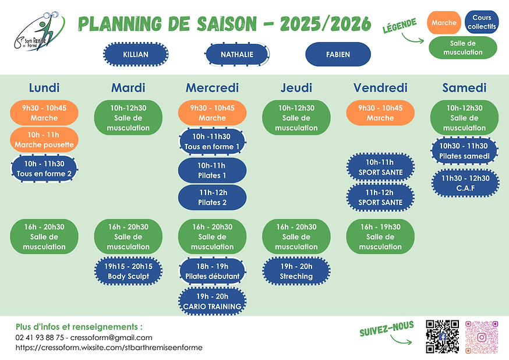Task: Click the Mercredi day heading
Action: [x=212, y=88]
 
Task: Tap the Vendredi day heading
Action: [x=380, y=88]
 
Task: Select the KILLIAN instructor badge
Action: [x=136, y=54]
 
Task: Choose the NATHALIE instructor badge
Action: [x=237, y=54]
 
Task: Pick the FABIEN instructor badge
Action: [x=338, y=54]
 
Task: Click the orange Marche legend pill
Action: [x=444, y=23]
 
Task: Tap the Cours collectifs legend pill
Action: [x=482, y=23]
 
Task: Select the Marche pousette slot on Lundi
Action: [x=44, y=140]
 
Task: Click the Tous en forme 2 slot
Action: [x=44, y=169]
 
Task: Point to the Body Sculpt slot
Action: [x=128, y=271]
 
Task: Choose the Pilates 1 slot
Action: [x=212, y=170]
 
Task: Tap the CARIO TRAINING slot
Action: [x=212, y=301]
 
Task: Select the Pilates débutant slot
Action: [x=212, y=271]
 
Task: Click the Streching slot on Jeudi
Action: [x=296, y=271]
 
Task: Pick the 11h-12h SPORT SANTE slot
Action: [x=380, y=197]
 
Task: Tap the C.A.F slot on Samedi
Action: [x=465, y=183]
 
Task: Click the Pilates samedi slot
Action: [x=465, y=151]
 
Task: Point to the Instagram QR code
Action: [x=482, y=337]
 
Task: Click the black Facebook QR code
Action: [x=443, y=337]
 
